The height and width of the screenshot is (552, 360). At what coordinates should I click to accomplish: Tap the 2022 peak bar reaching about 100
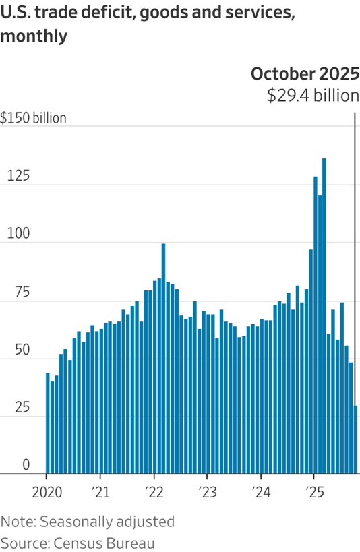[x=163, y=358]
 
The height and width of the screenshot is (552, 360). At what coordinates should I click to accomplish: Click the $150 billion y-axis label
[x=34, y=118]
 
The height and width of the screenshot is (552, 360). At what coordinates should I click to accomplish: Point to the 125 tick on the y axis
[x=18, y=177]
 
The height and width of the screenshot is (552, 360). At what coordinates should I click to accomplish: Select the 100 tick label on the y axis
[x=18, y=235]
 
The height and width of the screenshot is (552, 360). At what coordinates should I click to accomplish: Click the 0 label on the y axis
[x=25, y=465]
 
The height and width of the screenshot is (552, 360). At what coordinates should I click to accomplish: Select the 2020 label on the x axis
[x=47, y=491]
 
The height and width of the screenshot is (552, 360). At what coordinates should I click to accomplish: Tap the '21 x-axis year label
[x=100, y=491]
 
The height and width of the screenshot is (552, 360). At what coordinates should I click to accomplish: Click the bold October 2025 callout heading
[x=305, y=73]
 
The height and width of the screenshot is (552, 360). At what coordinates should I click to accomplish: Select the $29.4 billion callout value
[x=313, y=96]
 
